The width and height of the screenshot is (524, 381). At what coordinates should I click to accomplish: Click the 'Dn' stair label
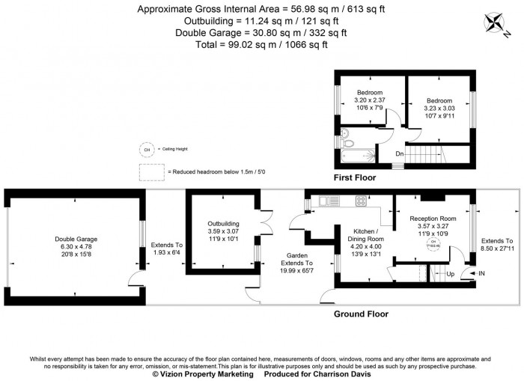coord(400,154)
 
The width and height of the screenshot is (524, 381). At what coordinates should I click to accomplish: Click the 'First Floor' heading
coord(354,178)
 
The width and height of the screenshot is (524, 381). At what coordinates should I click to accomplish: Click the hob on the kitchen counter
coord(360,201)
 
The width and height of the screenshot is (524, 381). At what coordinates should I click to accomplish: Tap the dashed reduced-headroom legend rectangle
coord(150,171)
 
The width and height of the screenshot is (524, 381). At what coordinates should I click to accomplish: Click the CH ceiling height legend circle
coord(146,149)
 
